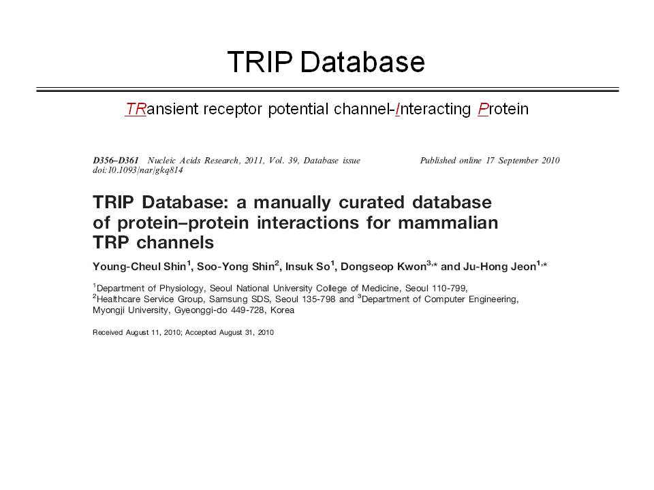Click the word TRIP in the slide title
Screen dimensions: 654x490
click(260, 62)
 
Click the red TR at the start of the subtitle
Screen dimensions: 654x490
click(136, 109)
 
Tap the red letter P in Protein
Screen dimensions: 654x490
click(483, 109)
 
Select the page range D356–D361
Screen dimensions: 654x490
click(116, 161)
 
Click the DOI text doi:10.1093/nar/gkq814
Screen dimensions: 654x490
click(138, 170)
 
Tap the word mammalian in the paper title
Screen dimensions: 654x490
click(448, 223)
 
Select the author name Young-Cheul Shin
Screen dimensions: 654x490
click(139, 267)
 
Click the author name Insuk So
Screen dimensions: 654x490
click(308, 267)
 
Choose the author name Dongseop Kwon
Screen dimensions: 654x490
click(384, 267)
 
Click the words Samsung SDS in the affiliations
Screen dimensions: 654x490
click(239, 299)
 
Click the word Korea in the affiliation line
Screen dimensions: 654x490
click(282, 310)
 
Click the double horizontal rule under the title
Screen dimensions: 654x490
click(328, 90)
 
